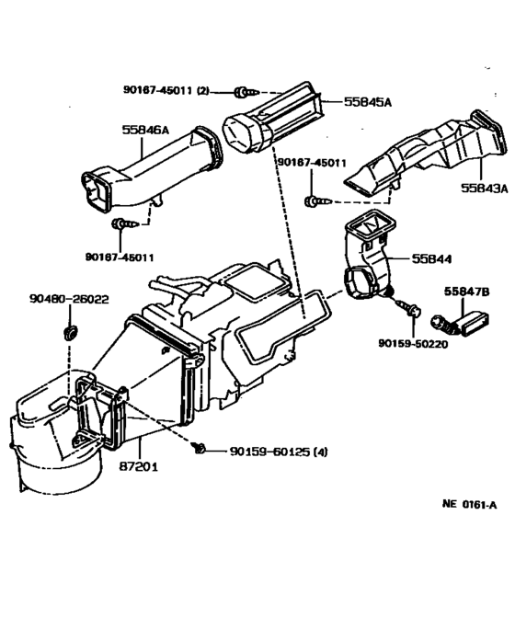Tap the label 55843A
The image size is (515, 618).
pyautogui.click(x=486, y=189)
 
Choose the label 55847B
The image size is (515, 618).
pyautogui.click(x=468, y=290)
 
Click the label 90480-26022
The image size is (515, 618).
pyautogui.click(x=69, y=299)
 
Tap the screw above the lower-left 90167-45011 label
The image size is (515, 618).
pyautogui.click(x=121, y=223)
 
